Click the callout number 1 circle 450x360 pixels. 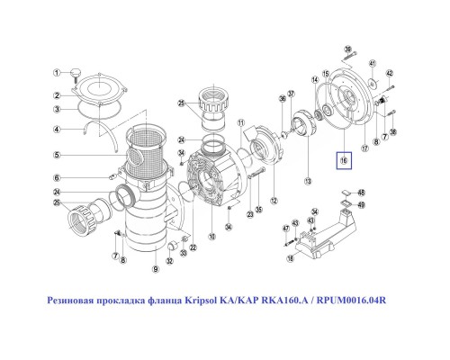click(55, 73)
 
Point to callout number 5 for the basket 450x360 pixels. click(55, 154)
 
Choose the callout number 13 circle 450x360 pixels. click(308, 181)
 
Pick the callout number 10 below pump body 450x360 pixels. click(212, 238)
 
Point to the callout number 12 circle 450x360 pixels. click(274, 199)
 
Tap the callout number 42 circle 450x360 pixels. click(390, 72)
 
